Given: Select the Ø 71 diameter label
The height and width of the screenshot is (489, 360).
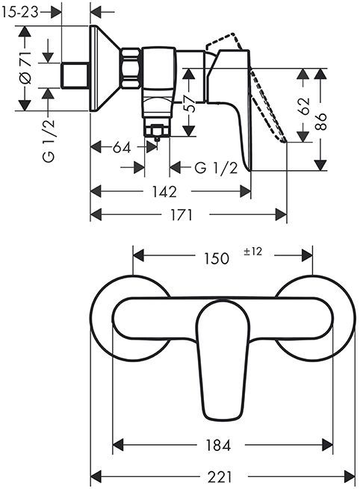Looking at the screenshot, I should click(24, 69).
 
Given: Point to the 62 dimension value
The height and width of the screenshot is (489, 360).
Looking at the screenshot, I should click(302, 105).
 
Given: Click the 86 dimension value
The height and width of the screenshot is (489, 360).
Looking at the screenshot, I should click(321, 121).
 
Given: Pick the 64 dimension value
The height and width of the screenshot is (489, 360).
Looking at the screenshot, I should click(122, 148).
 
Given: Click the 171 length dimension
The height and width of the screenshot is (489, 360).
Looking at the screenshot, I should click(180, 215).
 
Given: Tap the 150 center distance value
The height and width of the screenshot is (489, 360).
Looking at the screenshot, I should click(216, 258).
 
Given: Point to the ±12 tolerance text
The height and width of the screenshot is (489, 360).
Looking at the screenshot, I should click(252, 252).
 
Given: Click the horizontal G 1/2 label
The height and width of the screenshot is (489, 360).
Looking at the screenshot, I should click(216, 168).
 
